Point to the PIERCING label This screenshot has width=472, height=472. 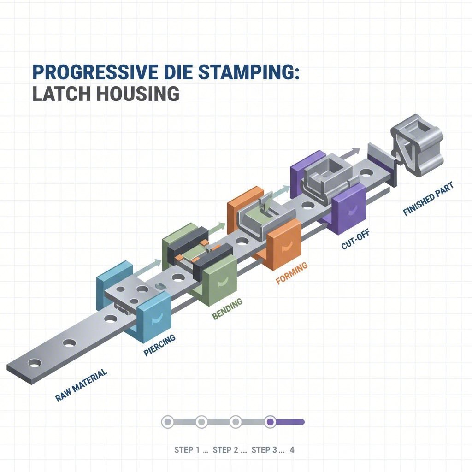point(159,345)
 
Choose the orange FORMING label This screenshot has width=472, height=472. point(291,273)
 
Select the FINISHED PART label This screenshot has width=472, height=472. point(428,199)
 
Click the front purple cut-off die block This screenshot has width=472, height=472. point(349,207)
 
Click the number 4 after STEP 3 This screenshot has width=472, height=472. point(292,450)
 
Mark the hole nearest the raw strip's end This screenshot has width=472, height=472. point(34,363)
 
